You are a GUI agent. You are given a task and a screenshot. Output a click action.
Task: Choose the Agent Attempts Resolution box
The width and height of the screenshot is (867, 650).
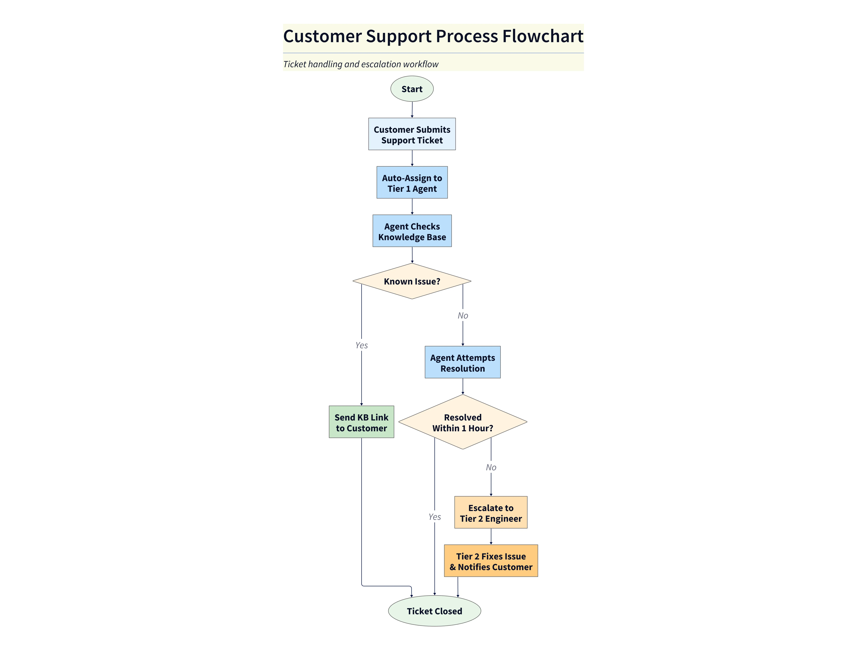462,362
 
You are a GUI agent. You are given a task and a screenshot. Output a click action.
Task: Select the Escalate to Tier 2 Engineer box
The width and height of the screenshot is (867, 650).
491,512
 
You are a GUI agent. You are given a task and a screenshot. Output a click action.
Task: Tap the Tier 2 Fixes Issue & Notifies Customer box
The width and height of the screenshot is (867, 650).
491,561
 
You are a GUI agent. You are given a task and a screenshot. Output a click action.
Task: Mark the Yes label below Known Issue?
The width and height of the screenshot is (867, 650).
361,345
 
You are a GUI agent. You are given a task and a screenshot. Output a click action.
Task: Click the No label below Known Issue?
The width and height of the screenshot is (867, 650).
463,315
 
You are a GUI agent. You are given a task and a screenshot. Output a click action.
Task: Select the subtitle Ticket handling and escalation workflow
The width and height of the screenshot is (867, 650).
361,64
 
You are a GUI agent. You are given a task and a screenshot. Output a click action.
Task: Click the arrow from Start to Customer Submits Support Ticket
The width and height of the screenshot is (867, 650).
412,110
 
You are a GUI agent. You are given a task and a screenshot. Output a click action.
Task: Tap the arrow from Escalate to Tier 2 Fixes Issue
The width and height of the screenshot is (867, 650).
491,536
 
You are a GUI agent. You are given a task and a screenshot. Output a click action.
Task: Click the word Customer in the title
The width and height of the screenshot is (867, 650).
322,36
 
